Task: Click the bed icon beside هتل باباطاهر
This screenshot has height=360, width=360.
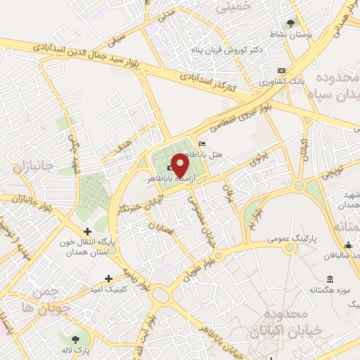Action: point(203,143)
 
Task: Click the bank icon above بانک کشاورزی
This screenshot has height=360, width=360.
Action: point(281,70)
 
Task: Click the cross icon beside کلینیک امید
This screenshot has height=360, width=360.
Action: point(108,278)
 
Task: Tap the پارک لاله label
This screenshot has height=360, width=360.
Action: point(76,349)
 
